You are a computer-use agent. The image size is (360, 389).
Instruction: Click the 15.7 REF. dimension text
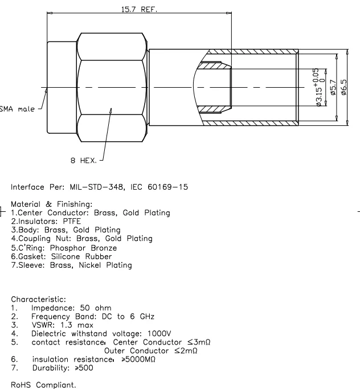(140, 9)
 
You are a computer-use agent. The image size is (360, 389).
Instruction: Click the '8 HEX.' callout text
(83, 161)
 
